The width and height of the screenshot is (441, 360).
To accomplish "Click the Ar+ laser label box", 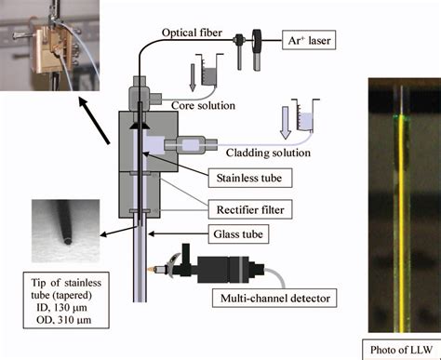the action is point(309,40).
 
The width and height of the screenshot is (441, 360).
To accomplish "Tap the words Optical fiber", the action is point(192,33).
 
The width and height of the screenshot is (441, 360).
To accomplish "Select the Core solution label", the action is point(203,105).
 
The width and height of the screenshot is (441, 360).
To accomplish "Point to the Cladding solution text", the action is point(268,153).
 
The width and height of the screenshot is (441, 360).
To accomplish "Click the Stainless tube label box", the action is point(250,178).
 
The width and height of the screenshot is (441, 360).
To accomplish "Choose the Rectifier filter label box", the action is point(250,209).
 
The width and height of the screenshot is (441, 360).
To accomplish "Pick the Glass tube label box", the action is point(238,233).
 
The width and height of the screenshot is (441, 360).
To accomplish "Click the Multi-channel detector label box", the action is point(274,298).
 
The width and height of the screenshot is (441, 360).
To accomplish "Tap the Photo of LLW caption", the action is point(401,350).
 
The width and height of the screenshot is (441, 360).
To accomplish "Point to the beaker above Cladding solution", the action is point(304,115).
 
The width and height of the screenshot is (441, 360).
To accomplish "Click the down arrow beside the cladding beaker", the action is point(286,123).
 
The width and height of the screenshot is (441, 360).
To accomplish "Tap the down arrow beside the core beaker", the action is point(193,77).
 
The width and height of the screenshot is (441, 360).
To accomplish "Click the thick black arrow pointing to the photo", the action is point(94,120).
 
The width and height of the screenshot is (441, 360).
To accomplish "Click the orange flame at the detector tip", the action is point(152,269).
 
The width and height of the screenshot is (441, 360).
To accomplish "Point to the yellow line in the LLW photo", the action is point(402,224).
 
